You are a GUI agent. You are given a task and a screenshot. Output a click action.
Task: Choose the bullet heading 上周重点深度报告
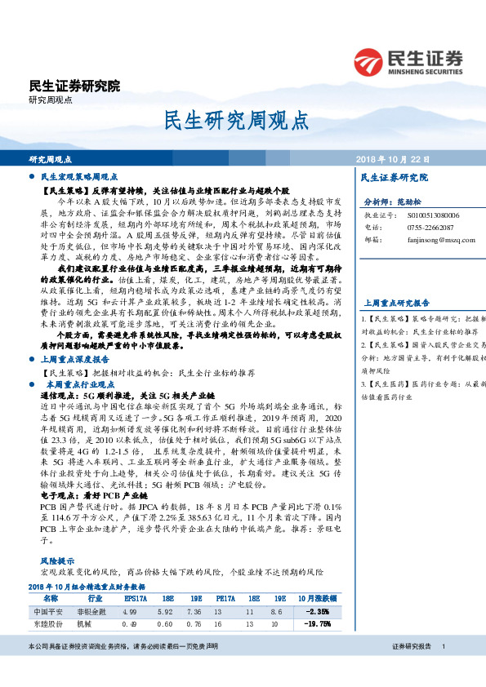[x=78, y=359]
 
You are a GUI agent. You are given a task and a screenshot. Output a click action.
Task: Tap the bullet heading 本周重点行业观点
[x=78, y=383]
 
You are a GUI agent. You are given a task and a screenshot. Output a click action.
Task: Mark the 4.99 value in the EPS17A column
[x=128, y=611]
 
